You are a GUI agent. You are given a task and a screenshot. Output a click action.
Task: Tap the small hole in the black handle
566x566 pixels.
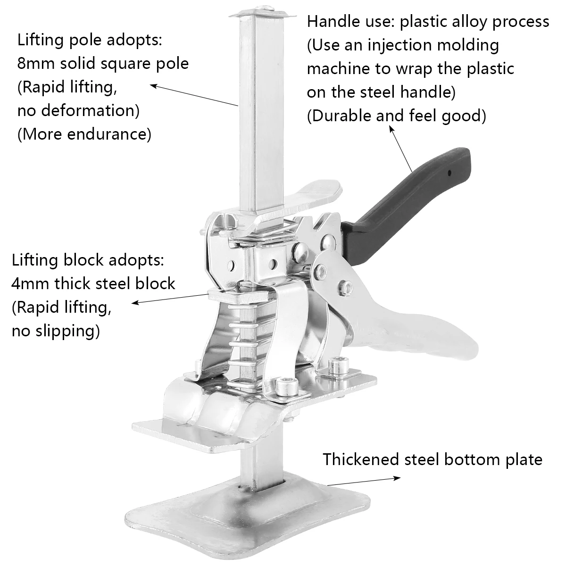tap(449, 173)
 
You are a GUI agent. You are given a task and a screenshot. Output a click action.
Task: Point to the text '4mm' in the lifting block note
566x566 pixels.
tap(31, 283)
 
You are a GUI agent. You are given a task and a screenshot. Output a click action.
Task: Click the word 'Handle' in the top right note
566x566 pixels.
tap(330, 21)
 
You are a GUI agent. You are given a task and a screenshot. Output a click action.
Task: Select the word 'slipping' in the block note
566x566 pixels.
tap(68, 331)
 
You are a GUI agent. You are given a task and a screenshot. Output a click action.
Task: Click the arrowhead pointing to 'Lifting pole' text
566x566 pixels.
tap(154, 86)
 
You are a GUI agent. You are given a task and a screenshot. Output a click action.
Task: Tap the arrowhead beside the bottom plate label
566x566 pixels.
tap(397, 478)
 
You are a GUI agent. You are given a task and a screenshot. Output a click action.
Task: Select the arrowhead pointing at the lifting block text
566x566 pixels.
tap(135, 302)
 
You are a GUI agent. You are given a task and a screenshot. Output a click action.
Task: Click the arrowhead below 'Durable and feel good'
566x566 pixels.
tap(391, 129)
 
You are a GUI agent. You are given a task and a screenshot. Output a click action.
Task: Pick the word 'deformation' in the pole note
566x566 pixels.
tap(89, 111)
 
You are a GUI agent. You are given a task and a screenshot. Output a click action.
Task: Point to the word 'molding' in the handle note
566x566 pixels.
tap(468, 46)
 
